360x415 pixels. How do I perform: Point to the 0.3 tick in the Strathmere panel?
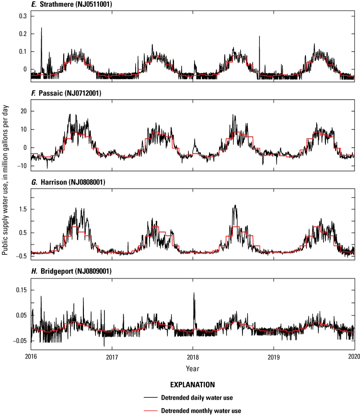tap(22, 16)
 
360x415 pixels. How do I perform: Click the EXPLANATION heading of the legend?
tap(192, 384)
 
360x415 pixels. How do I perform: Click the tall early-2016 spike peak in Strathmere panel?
tap(41, 28)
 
